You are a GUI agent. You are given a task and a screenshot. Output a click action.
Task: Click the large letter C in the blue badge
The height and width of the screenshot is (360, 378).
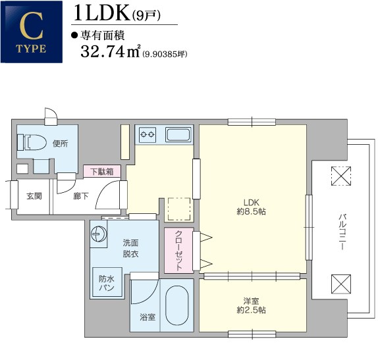32,26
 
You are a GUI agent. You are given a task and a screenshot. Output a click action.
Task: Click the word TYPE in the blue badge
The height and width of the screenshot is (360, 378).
31,49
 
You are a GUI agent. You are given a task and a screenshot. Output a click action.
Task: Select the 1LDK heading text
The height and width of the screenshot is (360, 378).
101,14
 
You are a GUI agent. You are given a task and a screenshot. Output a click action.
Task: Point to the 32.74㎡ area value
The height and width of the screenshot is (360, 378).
111,51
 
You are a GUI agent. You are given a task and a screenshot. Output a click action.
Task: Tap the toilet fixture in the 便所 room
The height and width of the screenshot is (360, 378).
32,142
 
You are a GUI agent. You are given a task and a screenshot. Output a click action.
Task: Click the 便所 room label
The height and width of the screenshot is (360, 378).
61,143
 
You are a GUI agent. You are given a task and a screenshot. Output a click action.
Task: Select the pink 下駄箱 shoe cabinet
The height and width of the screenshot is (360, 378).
102,171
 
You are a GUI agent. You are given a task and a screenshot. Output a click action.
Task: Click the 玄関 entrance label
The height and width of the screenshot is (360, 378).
34,196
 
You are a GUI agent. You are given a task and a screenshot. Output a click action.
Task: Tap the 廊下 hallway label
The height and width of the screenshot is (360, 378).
81,196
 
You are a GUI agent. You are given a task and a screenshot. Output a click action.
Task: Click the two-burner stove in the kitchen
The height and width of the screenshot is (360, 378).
148,134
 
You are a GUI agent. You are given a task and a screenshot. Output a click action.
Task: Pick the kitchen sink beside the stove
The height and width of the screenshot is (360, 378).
178,135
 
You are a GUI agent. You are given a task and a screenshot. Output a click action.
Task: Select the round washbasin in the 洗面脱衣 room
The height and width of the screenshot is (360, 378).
99,234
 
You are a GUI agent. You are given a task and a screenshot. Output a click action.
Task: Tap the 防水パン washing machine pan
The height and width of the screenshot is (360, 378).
107,282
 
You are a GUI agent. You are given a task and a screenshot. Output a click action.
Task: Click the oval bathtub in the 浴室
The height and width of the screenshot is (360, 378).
177,305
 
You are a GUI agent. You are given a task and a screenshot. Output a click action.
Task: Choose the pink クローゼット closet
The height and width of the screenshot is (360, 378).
179,250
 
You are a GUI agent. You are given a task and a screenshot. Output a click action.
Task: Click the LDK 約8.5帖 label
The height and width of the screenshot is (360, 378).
251,207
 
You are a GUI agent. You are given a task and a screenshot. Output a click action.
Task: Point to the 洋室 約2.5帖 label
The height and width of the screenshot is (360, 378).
251,305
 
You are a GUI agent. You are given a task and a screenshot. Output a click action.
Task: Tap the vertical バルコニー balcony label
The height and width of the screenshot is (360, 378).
342,231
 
